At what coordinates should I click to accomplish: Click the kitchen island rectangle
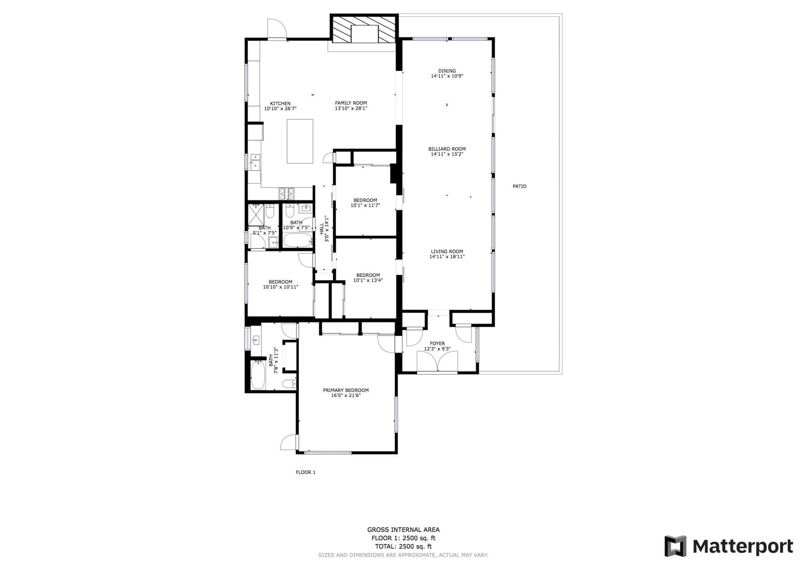(300, 141)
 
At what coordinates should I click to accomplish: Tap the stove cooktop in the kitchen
(287, 193)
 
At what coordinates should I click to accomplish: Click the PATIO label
(520, 186)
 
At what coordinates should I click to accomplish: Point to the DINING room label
(447, 71)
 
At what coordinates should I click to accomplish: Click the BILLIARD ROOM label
(447, 149)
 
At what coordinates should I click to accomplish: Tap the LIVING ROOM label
(447, 251)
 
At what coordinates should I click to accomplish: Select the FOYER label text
(437, 344)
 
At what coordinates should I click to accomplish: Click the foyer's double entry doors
(437, 362)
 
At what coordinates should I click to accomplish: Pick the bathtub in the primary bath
(258, 375)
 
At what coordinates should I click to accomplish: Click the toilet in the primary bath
(290, 383)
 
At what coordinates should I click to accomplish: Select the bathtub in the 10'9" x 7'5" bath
(298, 241)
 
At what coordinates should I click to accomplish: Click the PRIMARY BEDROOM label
(345, 390)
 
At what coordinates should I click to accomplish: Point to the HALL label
(322, 229)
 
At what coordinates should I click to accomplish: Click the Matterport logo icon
(675, 546)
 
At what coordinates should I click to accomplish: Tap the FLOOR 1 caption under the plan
(306, 472)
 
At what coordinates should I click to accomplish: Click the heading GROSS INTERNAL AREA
(403, 530)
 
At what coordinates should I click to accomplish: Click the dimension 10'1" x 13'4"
(368, 280)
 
